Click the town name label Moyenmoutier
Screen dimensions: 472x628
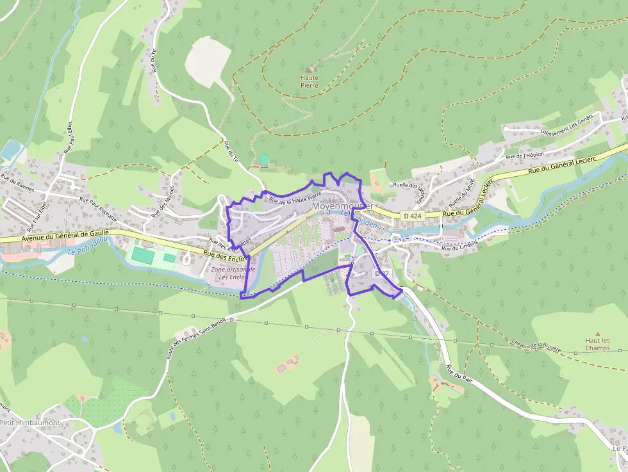[342, 206]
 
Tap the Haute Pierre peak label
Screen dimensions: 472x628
[310, 81]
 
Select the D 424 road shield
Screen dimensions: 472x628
[413, 216]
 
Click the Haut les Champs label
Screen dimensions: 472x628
[597, 345]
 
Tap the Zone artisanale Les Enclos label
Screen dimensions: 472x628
[233, 273]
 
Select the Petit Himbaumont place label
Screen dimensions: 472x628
[29, 423]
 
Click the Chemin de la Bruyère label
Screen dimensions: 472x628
[536, 346]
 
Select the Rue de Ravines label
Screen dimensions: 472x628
[17, 183]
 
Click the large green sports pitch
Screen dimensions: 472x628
[144, 255]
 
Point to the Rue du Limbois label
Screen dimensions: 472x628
[459, 245]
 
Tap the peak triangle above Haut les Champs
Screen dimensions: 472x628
[598, 334]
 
